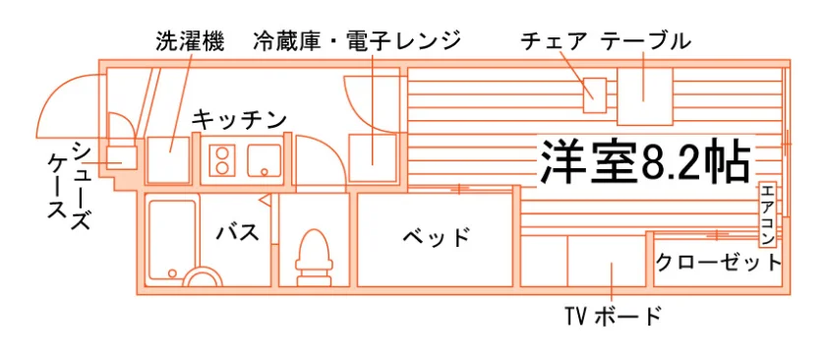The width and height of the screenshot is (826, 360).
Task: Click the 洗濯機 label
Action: [x=190, y=41]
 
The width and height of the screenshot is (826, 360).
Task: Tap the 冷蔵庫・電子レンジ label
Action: [x=357, y=41]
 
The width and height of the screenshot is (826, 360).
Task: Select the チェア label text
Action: [x=554, y=41]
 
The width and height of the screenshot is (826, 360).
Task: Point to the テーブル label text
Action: [x=646, y=41]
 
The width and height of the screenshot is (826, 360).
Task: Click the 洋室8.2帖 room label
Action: [x=644, y=161]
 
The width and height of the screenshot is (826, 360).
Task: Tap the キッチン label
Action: [x=239, y=120]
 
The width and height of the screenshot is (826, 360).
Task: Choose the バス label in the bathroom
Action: [x=239, y=232]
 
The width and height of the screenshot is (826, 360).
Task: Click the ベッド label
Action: [x=436, y=238]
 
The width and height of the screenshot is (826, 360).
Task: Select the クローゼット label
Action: [x=719, y=262]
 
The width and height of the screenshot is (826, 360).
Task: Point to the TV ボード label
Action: [x=612, y=317]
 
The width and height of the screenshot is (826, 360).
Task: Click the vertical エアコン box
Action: [x=768, y=215]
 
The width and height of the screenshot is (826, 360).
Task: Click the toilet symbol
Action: [x=315, y=258]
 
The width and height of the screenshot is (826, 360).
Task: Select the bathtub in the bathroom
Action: [x=172, y=241]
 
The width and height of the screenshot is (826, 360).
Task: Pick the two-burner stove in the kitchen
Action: [x=222, y=160]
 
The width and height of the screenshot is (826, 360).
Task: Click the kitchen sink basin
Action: [x=265, y=160]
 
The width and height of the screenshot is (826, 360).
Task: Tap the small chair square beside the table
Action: [x=595, y=94]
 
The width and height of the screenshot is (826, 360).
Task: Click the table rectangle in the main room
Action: [x=645, y=96]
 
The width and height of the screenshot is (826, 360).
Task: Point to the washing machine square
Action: [x=168, y=159]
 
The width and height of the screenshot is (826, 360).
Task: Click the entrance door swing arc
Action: [x=55, y=89]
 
